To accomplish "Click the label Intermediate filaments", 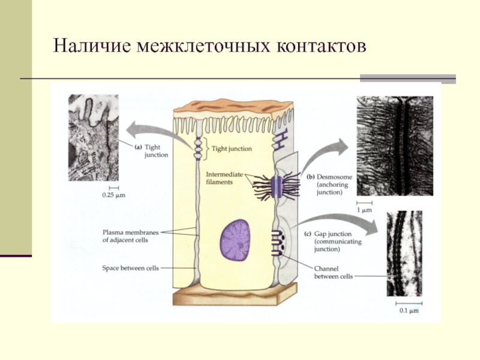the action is click(223, 178).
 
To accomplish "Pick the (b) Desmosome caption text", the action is click(329, 185).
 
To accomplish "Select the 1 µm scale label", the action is click(365, 211).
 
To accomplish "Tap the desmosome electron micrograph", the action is click(394, 146).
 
